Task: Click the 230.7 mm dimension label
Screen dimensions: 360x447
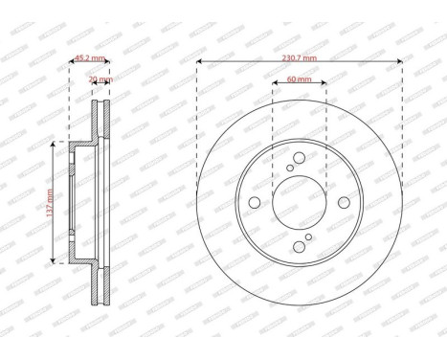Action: [300, 57]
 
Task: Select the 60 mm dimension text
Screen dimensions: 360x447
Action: [299, 79]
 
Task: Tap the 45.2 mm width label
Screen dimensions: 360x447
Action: [88, 57]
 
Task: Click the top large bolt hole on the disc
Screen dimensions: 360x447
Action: [299, 157]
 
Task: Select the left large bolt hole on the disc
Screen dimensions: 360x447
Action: [254, 202]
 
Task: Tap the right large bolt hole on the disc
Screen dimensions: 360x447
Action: [345, 202]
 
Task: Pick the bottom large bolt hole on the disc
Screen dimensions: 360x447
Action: [299, 247]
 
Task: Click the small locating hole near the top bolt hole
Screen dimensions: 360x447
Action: [290, 168]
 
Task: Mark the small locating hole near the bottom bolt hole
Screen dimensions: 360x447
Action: [308, 236]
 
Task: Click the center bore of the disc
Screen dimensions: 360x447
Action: [299, 202]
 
